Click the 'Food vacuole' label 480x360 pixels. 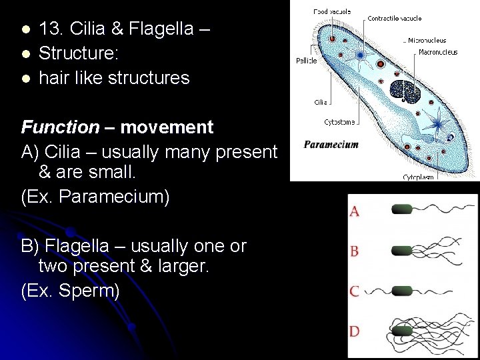point(333,11)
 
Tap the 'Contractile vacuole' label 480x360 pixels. point(394,18)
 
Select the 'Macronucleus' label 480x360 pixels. point(438,52)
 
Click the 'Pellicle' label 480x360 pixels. point(307,61)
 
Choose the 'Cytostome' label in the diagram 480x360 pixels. point(339,122)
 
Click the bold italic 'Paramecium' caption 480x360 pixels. point(331,144)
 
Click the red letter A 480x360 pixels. point(355,211)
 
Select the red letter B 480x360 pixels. point(355,251)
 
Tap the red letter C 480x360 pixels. point(355,291)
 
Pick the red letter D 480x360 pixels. point(355,331)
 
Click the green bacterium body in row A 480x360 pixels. point(403,209)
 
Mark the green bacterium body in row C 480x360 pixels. point(403,291)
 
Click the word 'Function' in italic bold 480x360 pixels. point(60,127)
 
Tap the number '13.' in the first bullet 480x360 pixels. point(51,29)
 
